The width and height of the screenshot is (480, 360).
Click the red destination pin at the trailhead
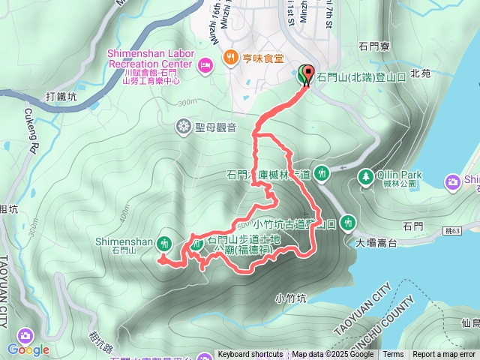[308, 74]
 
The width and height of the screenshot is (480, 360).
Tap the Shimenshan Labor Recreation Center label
[151, 59]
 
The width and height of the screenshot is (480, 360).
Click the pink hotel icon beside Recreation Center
[205, 66]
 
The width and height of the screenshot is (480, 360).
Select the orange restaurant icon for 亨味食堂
[229, 57]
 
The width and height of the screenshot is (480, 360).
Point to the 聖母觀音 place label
[216, 127]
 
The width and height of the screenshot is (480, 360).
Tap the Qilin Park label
[400, 175]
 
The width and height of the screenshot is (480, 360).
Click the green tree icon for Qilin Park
[366, 175]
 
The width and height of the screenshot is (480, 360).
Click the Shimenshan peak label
[125, 241]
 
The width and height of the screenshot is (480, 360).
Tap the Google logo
[28, 349]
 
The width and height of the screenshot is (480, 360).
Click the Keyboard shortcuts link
[250, 355]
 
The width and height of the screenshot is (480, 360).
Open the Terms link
[393, 355]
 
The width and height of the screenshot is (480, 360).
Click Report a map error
[445, 355]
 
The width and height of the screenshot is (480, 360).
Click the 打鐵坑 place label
[61, 97]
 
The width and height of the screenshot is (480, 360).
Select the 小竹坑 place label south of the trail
[291, 298]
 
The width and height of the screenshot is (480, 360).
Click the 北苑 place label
[421, 74]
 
